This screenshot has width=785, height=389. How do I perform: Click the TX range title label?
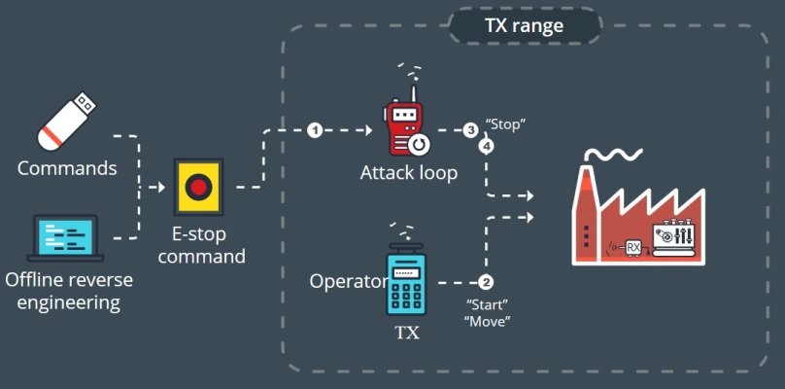click(524, 25)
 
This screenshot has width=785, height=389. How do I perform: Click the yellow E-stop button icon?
click(198, 187)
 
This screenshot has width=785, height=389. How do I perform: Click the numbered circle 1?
click(314, 130)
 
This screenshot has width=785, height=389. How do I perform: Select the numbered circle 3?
click(470, 129)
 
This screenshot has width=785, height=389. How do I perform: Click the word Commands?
click(67, 168)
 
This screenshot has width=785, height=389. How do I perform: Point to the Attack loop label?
click(408, 173)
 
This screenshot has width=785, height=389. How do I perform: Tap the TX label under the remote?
click(407, 333)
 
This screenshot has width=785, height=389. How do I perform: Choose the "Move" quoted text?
click(489, 321)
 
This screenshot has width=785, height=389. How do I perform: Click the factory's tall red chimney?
click(586, 214)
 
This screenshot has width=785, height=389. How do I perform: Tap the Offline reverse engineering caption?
click(67, 292)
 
